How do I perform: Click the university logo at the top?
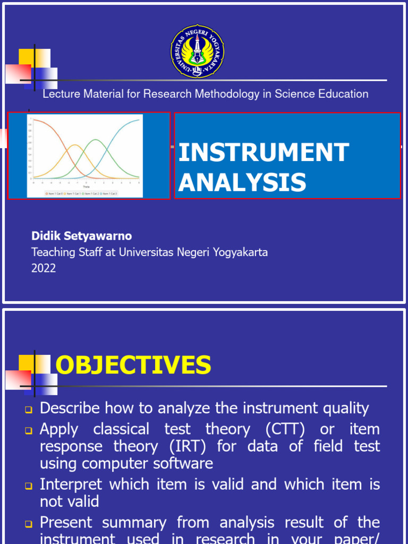tap(197, 52)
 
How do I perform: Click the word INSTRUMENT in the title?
tap(263, 153)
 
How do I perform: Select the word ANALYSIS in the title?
tap(242, 182)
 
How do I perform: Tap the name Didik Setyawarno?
tap(81, 236)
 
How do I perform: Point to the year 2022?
tap(44, 268)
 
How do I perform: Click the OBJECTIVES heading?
tap(133, 365)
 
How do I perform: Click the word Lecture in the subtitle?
tap(60, 94)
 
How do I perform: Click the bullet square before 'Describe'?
tap(29, 410)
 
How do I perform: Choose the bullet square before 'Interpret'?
tap(29, 486)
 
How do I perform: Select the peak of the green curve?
tap(95, 140)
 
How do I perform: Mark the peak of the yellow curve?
tap(75, 145)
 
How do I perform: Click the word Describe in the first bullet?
tap(70, 408)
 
